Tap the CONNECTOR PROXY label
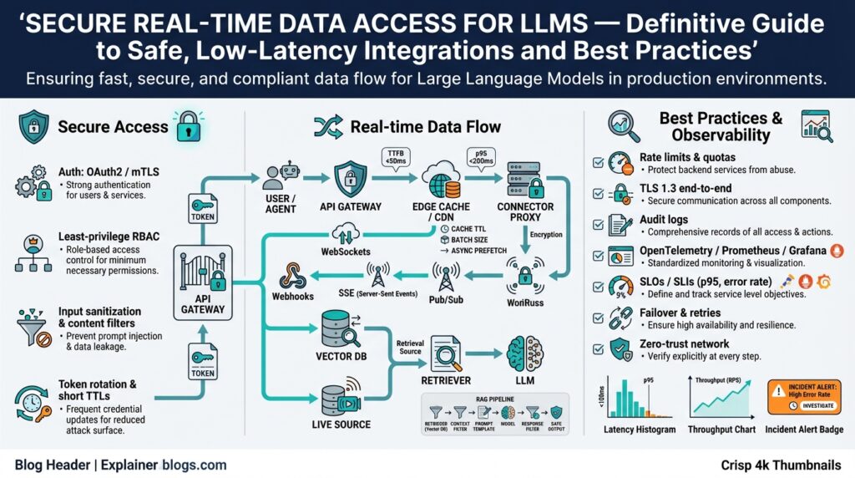point(525,212)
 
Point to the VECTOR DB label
point(339,354)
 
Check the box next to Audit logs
point(596,222)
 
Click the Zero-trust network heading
point(684,343)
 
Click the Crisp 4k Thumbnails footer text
point(781,465)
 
